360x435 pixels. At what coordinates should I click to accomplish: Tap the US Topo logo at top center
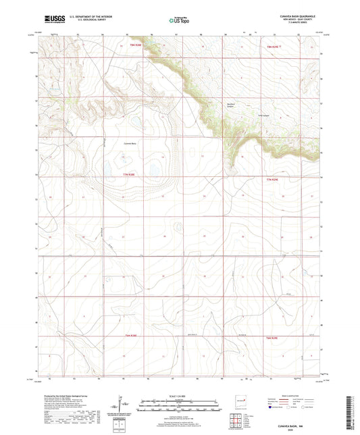pos(179,21)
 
